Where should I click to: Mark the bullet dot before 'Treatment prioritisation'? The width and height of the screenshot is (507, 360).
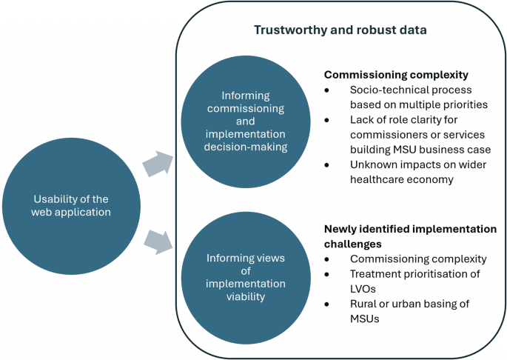tap(329, 274)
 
